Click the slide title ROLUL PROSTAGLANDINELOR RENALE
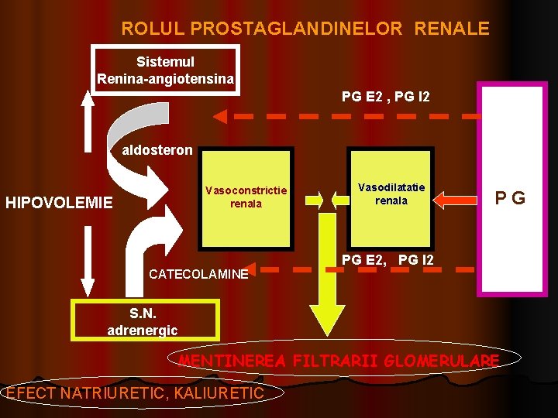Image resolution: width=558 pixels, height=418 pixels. click(x=305, y=29)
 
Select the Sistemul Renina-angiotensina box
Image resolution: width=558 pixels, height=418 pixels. click(x=165, y=70)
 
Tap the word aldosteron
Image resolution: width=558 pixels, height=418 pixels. click(x=157, y=150)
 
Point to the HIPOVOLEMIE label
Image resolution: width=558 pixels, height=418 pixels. click(x=59, y=204)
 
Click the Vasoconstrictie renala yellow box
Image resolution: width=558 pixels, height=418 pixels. click(x=246, y=197)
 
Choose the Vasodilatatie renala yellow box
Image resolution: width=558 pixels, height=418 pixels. click(x=391, y=195)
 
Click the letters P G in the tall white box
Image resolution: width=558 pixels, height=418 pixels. click(x=511, y=198)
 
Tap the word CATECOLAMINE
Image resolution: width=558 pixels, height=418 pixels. click(x=198, y=274)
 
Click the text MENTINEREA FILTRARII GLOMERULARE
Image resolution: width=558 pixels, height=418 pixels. click(x=339, y=361)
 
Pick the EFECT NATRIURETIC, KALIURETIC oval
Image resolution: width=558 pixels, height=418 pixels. click(x=135, y=393)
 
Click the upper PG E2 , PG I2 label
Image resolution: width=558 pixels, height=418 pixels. click(x=385, y=97)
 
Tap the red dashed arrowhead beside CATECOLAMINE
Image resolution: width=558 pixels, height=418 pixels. click(x=266, y=270)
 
